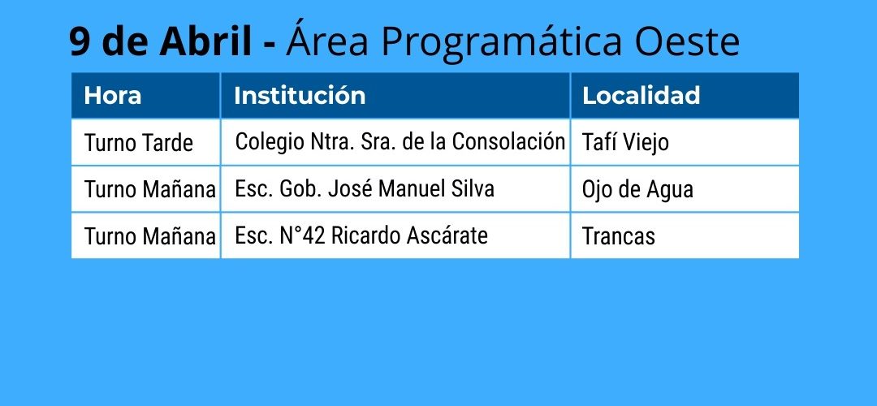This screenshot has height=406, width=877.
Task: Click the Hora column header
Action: point(112,96)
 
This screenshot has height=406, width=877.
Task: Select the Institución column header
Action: point(300,96)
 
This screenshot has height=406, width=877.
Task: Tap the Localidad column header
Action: point(641,96)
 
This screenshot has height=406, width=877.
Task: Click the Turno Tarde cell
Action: point(139,143)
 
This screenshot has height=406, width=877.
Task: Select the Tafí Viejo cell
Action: point(625,143)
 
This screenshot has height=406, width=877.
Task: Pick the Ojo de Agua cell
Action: point(637,189)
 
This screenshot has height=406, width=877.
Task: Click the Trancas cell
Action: point(619,236)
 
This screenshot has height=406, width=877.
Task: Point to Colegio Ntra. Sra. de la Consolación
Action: point(400,141)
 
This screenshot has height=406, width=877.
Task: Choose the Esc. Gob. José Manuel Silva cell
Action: point(365,188)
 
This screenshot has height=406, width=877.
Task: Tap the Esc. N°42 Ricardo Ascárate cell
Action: point(361,235)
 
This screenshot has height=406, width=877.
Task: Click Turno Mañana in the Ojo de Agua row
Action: point(150,189)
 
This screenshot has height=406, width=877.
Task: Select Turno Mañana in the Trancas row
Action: point(150,236)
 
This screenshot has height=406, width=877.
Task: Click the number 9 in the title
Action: point(80,41)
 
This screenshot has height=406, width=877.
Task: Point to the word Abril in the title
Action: point(205,41)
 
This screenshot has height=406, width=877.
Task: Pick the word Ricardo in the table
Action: point(366,235)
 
